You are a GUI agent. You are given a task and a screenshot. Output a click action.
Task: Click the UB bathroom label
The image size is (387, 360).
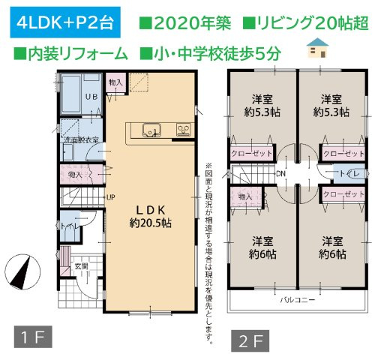coord(94,97)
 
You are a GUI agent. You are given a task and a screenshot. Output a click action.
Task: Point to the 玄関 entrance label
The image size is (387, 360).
coord(81,266)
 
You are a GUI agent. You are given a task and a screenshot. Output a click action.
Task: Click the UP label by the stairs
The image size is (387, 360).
coord(110,198)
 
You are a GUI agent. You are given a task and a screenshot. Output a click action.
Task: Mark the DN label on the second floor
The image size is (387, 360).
coord(280,174)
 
